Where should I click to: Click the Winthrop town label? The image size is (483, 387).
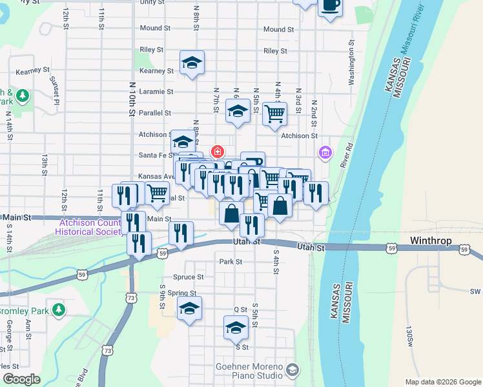click(x=433, y=241)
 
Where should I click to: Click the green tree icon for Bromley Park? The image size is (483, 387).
click(x=59, y=310)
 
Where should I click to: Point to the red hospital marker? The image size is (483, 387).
click(x=218, y=152)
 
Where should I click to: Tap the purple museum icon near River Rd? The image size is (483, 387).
click(x=325, y=152)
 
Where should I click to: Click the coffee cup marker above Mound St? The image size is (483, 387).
click(x=330, y=5)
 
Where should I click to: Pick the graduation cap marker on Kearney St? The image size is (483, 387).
click(x=192, y=62)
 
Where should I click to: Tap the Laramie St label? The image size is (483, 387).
click(x=160, y=92)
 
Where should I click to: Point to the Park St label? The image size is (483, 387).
click(x=231, y=262)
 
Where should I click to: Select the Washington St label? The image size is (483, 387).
click(x=352, y=63)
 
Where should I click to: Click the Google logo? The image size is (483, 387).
click(x=21, y=380)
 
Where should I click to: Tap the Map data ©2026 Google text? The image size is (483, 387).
click(x=443, y=382)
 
